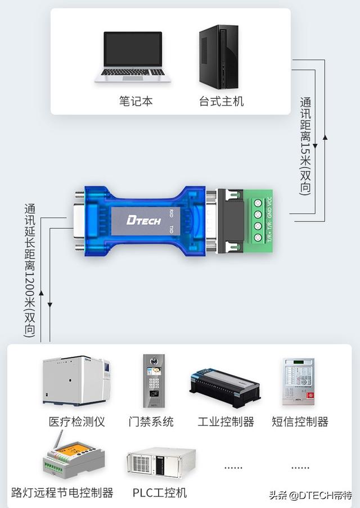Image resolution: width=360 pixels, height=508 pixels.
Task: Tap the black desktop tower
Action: pos(218,57)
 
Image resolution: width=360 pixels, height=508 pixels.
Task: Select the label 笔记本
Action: pos(136,101)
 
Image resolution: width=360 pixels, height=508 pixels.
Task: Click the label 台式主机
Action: pos(221,101)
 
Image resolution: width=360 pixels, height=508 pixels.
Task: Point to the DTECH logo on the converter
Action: pos(144,220)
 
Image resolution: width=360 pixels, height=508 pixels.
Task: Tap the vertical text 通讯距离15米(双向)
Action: pos(305,146)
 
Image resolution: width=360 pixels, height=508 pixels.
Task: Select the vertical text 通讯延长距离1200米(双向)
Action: pos(30,270)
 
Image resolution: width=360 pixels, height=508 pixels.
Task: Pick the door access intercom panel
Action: pos(154,380)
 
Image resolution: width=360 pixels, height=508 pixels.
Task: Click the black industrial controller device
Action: pos(224,387)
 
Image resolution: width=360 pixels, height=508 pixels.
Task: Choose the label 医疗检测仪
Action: pos(77,421)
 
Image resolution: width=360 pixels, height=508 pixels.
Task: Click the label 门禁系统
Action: pos(151,421)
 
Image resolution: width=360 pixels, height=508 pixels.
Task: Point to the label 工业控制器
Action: pos(226,421)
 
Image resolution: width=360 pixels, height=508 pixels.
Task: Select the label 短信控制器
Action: pos(300,421)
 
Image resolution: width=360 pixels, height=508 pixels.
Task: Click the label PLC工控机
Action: pos(160,493)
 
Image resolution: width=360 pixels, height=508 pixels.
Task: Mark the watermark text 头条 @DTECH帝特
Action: pos(310,495)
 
